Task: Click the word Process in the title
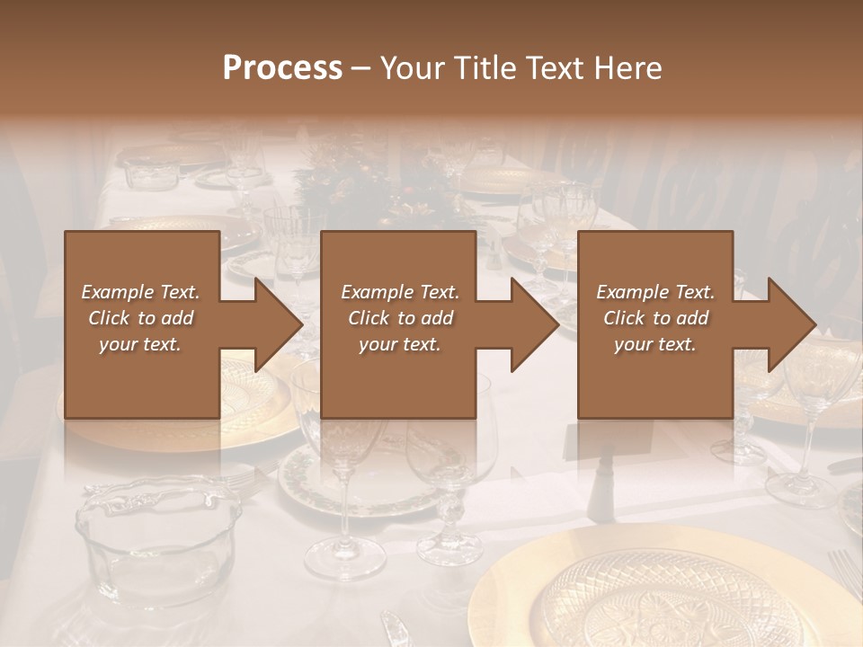pyautogui.click(x=282, y=67)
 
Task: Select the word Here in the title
pyautogui.click(x=627, y=67)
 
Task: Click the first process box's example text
pyautogui.click(x=141, y=318)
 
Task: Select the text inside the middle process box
pyautogui.click(x=400, y=318)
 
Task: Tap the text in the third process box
pyautogui.click(x=655, y=318)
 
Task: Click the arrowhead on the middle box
pyautogui.click(x=533, y=324)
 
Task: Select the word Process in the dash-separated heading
pyautogui.click(x=282, y=67)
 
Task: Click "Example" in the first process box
pyautogui.click(x=116, y=292)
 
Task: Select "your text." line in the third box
pyautogui.click(x=655, y=344)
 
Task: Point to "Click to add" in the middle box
pyautogui.click(x=400, y=318)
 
